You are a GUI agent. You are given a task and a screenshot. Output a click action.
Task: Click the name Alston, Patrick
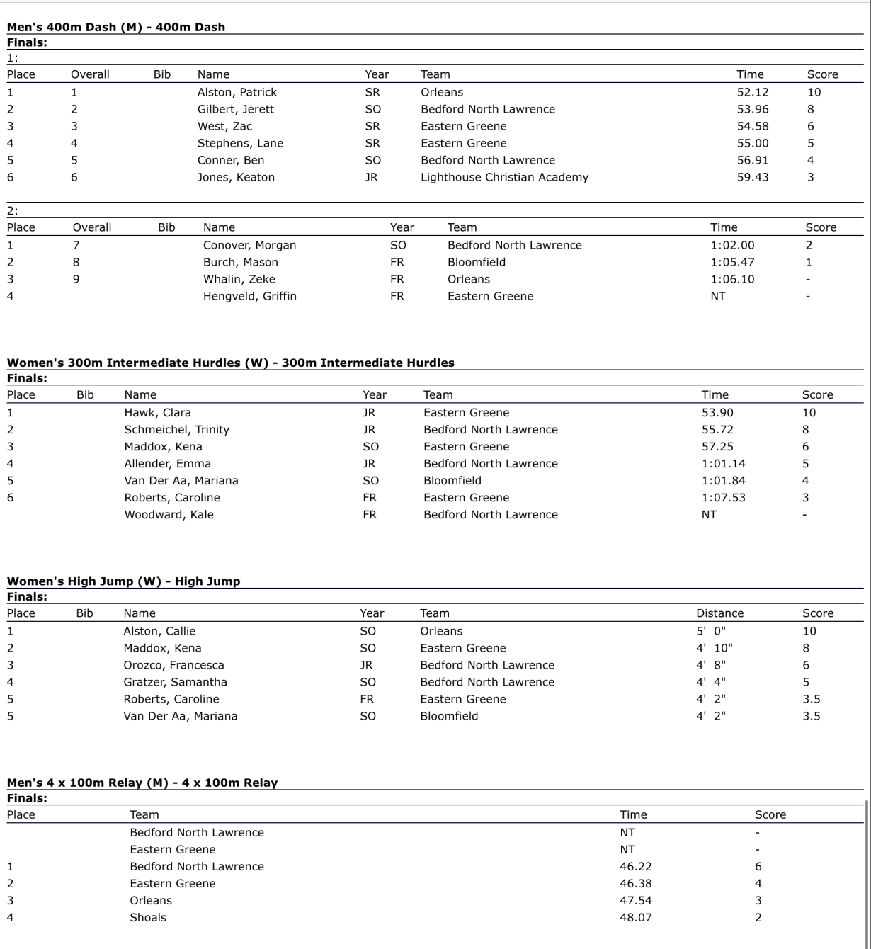pyautogui.click(x=237, y=92)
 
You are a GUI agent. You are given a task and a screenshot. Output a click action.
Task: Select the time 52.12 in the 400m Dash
pyautogui.click(x=752, y=92)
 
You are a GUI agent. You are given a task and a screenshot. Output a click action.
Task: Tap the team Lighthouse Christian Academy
pyautogui.click(x=504, y=177)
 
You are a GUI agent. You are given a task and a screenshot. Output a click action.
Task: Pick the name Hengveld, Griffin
pyautogui.click(x=249, y=296)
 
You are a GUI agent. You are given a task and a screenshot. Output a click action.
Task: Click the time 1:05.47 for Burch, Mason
pyautogui.click(x=732, y=262)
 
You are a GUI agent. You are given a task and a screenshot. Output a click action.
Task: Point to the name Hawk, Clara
pyautogui.click(x=157, y=412)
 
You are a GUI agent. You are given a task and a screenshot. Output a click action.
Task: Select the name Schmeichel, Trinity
pyautogui.click(x=176, y=429)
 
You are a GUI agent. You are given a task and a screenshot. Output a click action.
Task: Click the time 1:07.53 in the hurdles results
pyautogui.click(x=723, y=497)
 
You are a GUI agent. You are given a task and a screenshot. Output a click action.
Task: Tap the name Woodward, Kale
pyautogui.click(x=169, y=514)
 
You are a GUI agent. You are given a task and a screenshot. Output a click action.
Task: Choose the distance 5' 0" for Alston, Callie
pyautogui.click(x=710, y=631)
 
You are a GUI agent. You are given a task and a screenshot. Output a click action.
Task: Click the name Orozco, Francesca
pyautogui.click(x=173, y=665)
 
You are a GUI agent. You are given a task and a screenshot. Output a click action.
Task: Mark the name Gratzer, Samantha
pyautogui.click(x=175, y=682)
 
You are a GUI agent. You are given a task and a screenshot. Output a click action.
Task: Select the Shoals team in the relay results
pyautogui.click(x=148, y=917)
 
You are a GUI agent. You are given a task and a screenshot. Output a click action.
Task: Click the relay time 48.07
pyautogui.click(x=635, y=917)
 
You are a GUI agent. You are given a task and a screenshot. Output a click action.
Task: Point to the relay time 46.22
pyautogui.click(x=635, y=866)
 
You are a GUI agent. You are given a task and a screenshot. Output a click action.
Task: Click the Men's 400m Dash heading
pyautogui.click(x=116, y=27)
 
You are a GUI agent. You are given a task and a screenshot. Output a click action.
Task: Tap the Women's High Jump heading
pyautogui.click(x=123, y=581)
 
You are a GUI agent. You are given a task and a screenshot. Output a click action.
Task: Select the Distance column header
pyautogui.click(x=719, y=613)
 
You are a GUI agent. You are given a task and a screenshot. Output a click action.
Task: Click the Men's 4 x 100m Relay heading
pyautogui.click(x=142, y=783)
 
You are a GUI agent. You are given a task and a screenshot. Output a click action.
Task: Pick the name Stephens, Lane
pyautogui.click(x=240, y=143)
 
